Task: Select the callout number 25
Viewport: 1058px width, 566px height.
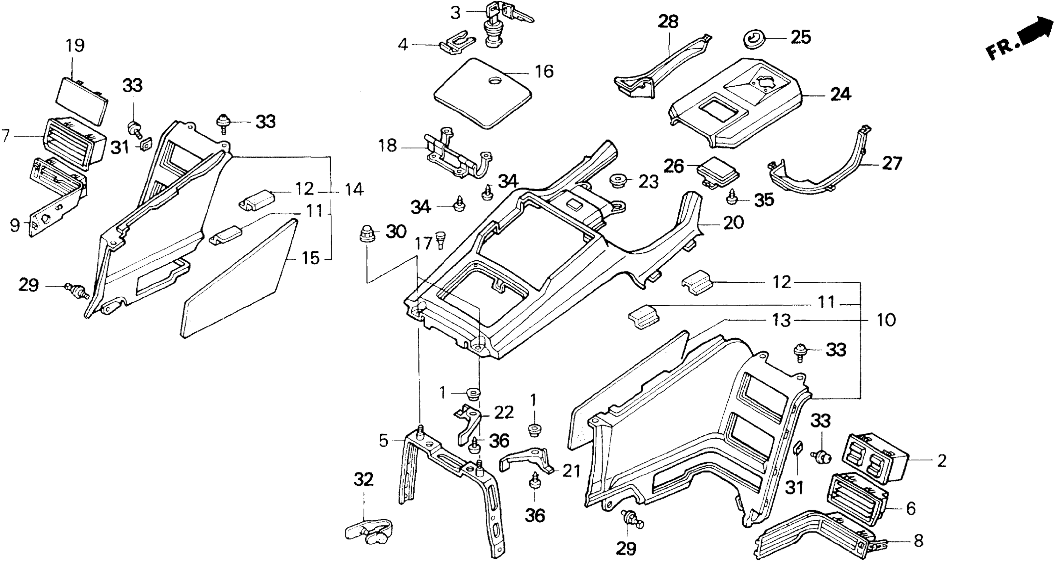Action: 801,37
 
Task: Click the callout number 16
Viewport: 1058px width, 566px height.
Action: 544,72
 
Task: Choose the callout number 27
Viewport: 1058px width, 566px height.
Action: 892,163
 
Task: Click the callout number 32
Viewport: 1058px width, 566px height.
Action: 363,479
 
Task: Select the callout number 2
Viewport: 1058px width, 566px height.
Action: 942,461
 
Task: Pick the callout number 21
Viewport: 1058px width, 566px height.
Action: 571,471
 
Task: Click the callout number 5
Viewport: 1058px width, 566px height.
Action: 383,441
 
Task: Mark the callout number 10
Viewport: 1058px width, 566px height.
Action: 886,320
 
